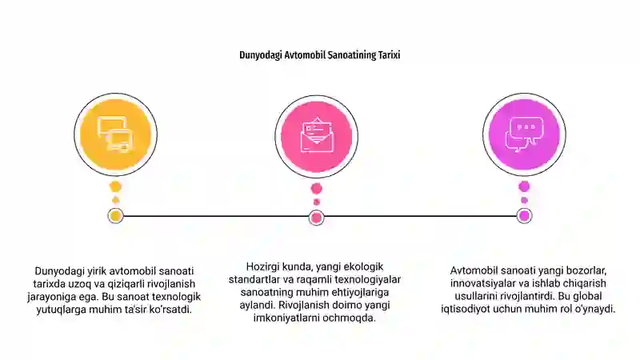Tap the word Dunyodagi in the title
pyautogui.click(x=261, y=55)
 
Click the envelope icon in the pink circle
pyautogui.click(x=317, y=135)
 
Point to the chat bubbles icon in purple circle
pyautogui.click(x=525, y=134)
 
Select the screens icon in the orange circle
pyautogui.click(x=115, y=134)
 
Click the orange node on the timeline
pyautogui.click(x=115, y=216)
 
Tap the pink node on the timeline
pyautogui.click(x=316, y=218)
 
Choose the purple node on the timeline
pyautogui.click(x=524, y=216)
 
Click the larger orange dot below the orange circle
pyautogui.click(x=115, y=187)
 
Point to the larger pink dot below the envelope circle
pyautogui.click(x=316, y=189)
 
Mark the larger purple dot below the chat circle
pyautogui.click(x=524, y=187)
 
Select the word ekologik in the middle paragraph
pyautogui.click(x=363, y=267)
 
